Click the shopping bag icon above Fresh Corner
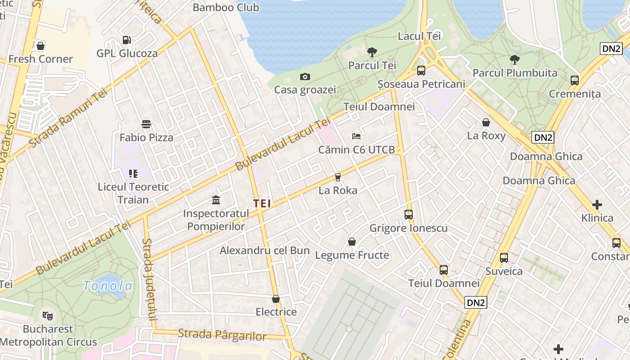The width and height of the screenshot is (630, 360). tap(40, 45)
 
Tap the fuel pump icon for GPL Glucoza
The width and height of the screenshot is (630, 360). tap(127, 40)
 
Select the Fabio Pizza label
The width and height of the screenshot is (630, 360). tap(146, 137)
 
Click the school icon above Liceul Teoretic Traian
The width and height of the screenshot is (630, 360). tap(133, 173)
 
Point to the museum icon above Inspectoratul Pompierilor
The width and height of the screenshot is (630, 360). tap(216, 200)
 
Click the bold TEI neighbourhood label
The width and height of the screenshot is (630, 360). tap(262, 203)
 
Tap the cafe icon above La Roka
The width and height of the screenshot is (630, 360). tap(337, 177)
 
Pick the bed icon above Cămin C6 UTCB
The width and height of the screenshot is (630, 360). tap(356, 136)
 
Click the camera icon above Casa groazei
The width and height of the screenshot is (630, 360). tap(305, 76)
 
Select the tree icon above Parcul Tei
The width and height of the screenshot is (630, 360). tap(372, 52)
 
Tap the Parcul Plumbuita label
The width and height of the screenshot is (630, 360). tap(515, 73)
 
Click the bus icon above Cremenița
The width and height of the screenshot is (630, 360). tap(575, 81)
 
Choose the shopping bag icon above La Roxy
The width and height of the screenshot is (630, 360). tap(486, 122)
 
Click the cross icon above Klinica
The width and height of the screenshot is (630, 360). tap(597, 205)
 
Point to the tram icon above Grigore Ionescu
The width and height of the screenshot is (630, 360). tap(408, 214)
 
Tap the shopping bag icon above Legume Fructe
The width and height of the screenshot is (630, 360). tap(352, 242)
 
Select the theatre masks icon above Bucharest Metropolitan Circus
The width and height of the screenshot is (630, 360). tap(48, 315)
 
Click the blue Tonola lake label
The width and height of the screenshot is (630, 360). tap(108, 286)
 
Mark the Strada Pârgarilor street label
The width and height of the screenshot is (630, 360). tap(222, 335)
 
